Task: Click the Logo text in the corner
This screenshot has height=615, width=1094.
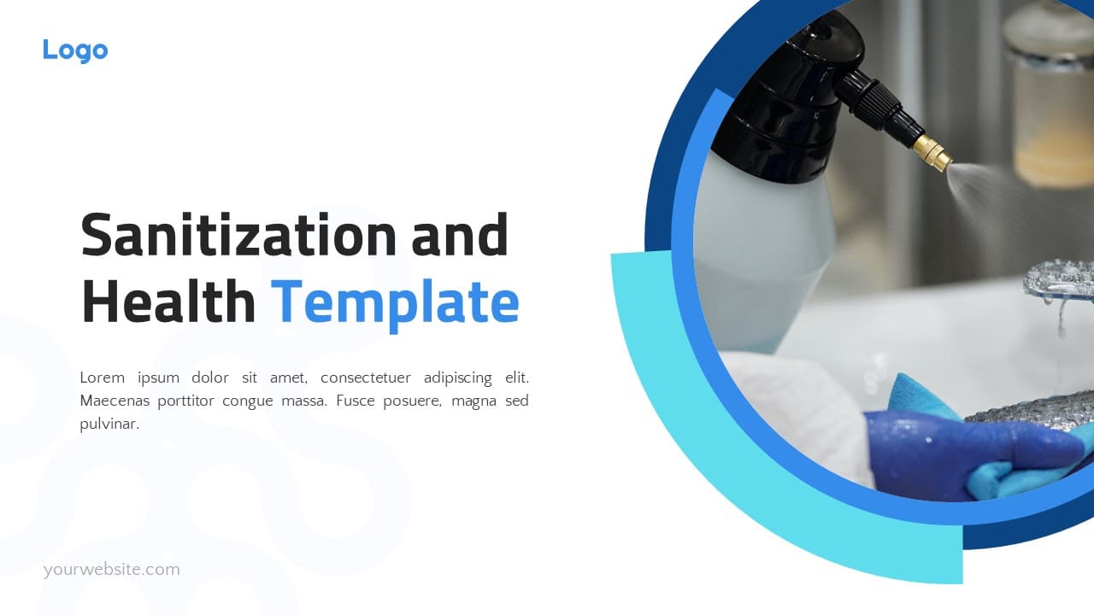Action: click(75, 50)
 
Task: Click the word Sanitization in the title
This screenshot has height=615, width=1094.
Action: click(238, 236)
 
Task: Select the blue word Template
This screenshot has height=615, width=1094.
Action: click(395, 303)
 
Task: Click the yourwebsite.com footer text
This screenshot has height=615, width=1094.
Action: click(112, 570)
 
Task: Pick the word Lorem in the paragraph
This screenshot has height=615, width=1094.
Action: click(102, 378)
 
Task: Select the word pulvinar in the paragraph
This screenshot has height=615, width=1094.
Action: click(109, 424)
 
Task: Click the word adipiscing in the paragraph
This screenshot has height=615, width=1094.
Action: click(461, 378)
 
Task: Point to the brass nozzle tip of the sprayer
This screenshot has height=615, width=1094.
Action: click(932, 155)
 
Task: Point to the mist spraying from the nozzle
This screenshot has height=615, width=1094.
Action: click(991, 179)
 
